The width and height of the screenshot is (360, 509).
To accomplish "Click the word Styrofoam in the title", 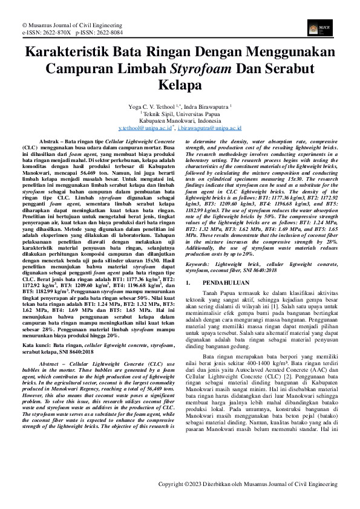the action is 201,67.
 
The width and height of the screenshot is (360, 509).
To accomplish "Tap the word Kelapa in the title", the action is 180,84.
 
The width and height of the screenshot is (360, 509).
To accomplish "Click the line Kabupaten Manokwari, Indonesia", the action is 180,121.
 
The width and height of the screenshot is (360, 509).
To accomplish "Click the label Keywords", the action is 201,264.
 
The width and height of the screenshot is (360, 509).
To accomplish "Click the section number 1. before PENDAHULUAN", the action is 188,282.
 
